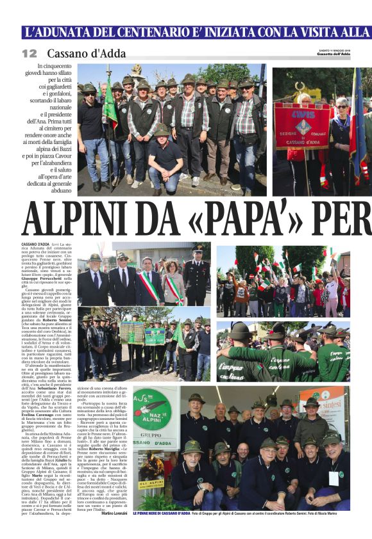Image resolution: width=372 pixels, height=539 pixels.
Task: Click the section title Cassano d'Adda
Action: click(x=86, y=54)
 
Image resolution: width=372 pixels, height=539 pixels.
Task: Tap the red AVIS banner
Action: click(x=301, y=125)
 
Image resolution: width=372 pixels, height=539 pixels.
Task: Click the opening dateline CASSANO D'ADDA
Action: click(x=36, y=245)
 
